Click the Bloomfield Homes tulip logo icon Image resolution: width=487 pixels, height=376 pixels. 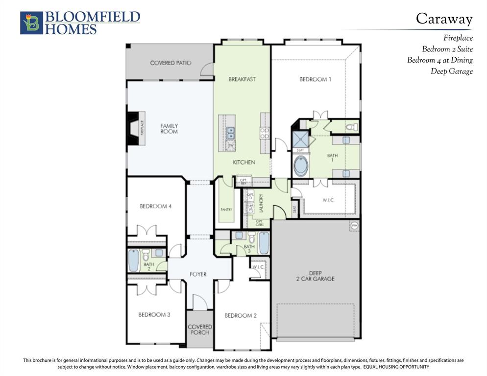tap(31, 23)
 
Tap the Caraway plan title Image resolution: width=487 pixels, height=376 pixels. tap(444, 19)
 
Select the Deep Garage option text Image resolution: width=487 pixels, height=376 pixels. tap(451, 71)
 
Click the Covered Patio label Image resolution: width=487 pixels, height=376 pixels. tap(170, 63)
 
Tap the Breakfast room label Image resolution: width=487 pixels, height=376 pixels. tap(242, 79)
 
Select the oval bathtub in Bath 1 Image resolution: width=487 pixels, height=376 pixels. tap(300, 166)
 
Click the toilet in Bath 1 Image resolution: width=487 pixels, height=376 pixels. tap(350, 127)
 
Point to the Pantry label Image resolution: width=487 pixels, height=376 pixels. tap(226, 210)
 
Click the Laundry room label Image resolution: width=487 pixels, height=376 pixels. tap(262, 204)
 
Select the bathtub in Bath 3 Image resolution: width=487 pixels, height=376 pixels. tap(264, 243)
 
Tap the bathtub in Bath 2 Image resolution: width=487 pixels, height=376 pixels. tap(133, 260)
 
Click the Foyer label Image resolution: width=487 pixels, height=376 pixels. tap(198, 274)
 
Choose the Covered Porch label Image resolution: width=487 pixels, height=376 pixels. tap(200, 329)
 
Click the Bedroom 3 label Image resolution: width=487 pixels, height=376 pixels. tap(154, 314)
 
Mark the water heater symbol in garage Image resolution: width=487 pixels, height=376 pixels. tap(354, 226)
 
